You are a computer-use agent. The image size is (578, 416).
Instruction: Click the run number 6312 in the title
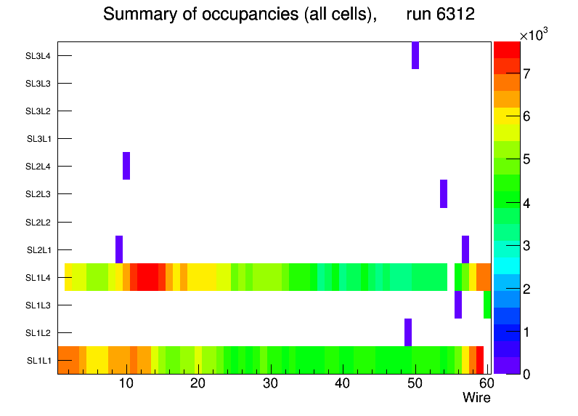click(x=440, y=15)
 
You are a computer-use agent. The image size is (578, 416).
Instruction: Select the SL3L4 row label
click(x=38, y=55)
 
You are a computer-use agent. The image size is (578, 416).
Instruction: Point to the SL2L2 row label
click(x=38, y=222)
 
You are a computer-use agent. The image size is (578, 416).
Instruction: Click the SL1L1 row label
click(x=39, y=360)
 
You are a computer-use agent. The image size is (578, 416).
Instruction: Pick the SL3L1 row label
click(x=39, y=139)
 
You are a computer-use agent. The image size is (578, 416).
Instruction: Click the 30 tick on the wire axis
click(x=270, y=383)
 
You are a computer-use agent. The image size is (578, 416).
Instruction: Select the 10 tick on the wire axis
click(x=126, y=383)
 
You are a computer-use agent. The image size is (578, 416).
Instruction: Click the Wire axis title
click(x=476, y=398)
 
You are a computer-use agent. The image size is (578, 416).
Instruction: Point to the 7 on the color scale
click(x=527, y=73)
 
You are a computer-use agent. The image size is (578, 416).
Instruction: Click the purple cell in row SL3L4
click(x=415, y=55)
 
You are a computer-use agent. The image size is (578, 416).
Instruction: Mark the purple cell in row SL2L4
click(x=126, y=166)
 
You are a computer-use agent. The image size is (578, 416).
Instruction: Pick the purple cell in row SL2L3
click(x=444, y=193)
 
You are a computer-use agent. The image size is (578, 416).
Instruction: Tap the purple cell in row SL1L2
click(x=408, y=332)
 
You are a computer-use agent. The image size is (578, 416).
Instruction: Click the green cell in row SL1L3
click(x=487, y=305)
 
